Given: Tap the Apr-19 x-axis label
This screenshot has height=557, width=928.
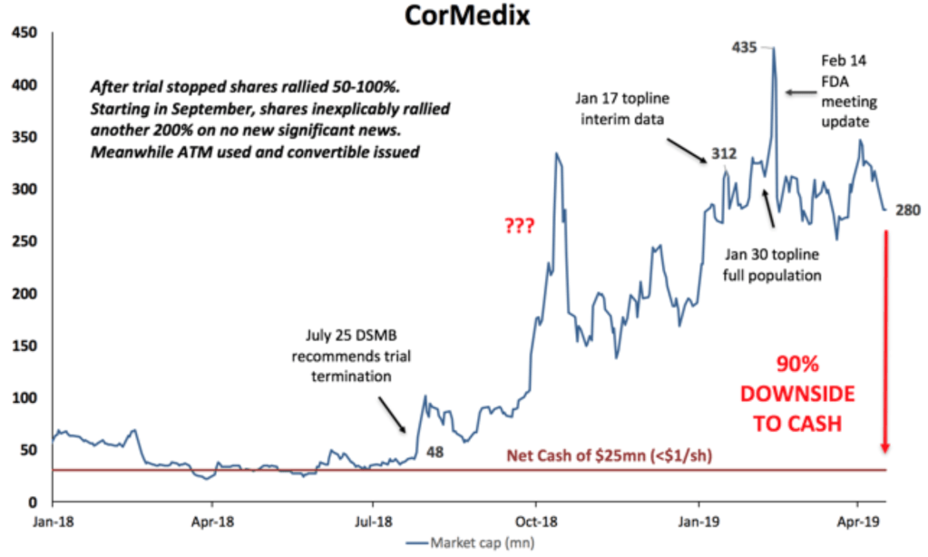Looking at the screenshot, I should [857, 522].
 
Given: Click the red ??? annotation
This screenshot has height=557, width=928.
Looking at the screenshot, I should [519, 226].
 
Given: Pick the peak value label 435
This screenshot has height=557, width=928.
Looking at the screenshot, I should [745, 46].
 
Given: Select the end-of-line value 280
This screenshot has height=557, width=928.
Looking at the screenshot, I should [908, 210].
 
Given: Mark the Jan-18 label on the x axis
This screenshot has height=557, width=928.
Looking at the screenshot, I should [52, 522].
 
